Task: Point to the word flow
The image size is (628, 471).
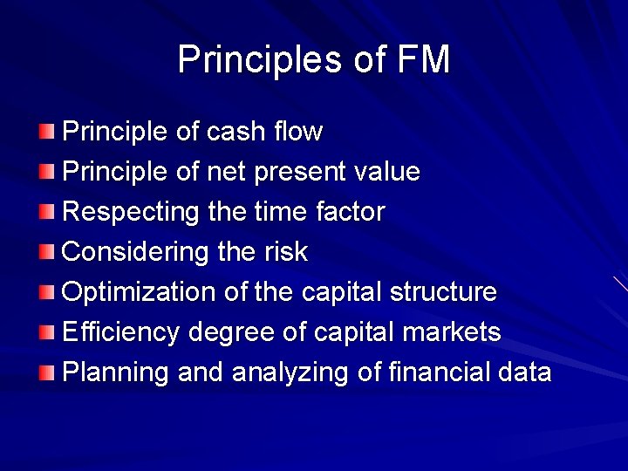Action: click(x=297, y=133)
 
